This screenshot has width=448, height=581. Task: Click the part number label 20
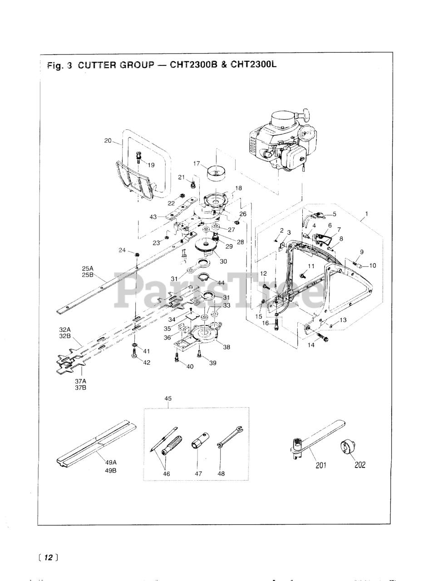click(x=108, y=141)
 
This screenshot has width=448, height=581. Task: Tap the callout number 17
click(x=197, y=163)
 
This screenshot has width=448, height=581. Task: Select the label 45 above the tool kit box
click(x=168, y=399)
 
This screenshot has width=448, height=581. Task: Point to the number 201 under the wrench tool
click(x=321, y=465)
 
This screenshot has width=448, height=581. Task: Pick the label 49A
click(x=111, y=462)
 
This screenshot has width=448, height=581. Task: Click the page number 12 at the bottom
click(x=49, y=557)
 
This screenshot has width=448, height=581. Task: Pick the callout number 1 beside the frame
click(x=366, y=213)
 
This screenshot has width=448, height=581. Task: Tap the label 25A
click(x=87, y=268)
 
